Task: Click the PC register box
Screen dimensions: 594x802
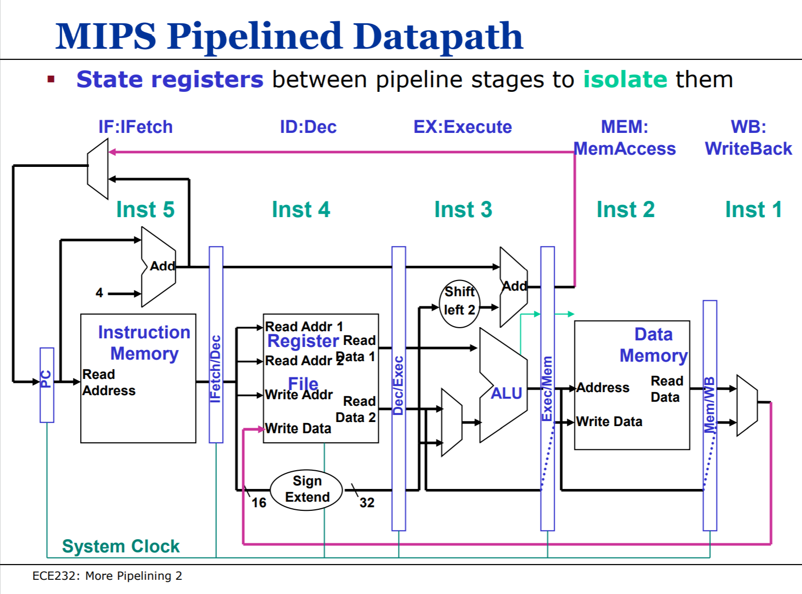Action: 47,385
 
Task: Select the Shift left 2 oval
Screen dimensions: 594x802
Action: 459,303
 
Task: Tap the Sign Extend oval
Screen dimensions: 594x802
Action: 307,489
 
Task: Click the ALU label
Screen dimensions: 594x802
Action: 506,393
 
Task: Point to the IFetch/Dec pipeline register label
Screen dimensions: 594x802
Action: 216,369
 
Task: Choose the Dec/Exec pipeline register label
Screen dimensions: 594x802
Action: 398,386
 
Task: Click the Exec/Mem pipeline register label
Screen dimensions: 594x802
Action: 548,389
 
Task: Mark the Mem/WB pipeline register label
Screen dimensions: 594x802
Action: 710,405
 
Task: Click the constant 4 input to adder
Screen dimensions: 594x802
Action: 99,293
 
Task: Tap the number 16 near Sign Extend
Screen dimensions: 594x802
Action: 259,503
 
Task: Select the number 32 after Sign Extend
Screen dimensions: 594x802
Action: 367,503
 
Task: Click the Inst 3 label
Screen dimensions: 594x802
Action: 463,209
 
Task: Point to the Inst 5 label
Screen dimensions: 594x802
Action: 145,209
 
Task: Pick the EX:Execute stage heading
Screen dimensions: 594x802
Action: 462,127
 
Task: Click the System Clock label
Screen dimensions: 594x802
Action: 121,546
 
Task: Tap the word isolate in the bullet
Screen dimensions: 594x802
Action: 625,80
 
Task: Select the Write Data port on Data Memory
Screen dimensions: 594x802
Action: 609,422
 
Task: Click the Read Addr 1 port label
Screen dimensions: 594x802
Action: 304,326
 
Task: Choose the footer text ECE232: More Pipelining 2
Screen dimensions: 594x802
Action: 107,576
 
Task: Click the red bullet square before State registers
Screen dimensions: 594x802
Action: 51,79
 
